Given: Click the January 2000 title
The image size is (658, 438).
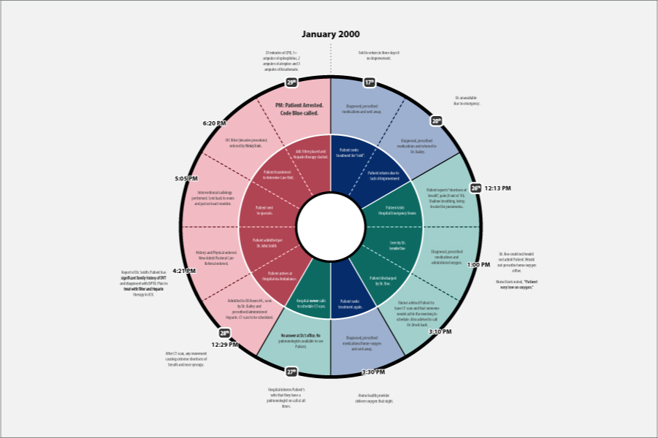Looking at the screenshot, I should click(x=331, y=34).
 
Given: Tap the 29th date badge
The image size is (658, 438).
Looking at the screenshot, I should click(x=292, y=82).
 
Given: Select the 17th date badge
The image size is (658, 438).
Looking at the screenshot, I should click(x=369, y=82).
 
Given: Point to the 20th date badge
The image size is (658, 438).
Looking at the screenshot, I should click(x=436, y=121).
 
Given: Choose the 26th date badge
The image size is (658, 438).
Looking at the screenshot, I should click(x=476, y=188).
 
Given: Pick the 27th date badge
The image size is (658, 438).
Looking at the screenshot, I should click(x=291, y=372).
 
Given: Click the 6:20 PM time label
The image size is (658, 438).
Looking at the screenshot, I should click(x=214, y=123).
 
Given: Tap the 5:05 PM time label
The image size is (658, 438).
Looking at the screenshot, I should click(x=186, y=178).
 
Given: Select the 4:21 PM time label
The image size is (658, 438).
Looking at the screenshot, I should click(x=183, y=271).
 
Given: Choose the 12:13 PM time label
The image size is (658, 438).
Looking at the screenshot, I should click(x=497, y=188).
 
